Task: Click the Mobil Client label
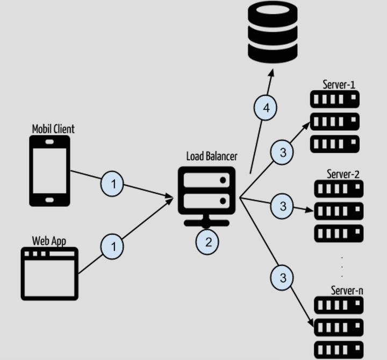coord(53,129)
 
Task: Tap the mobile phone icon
coord(49,171)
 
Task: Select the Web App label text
coord(49,241)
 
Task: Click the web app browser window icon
coord(49,274)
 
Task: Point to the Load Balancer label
coord(212,157)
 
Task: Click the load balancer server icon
coord(206,197)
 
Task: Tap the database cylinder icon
coord(273,32)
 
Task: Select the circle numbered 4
coord(266,108)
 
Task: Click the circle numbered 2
coord(207,242)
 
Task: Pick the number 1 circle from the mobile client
coord(112,184)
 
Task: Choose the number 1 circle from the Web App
coord(112,246)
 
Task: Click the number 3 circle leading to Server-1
coord(282,152)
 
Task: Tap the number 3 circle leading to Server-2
coord(282,206)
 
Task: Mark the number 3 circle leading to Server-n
coord(282,278)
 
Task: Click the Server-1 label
coord(339,84)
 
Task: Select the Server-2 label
coord(343,174)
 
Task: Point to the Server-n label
coord(347,291)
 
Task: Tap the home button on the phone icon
coord(49,200)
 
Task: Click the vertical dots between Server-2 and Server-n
coord(342,267)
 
